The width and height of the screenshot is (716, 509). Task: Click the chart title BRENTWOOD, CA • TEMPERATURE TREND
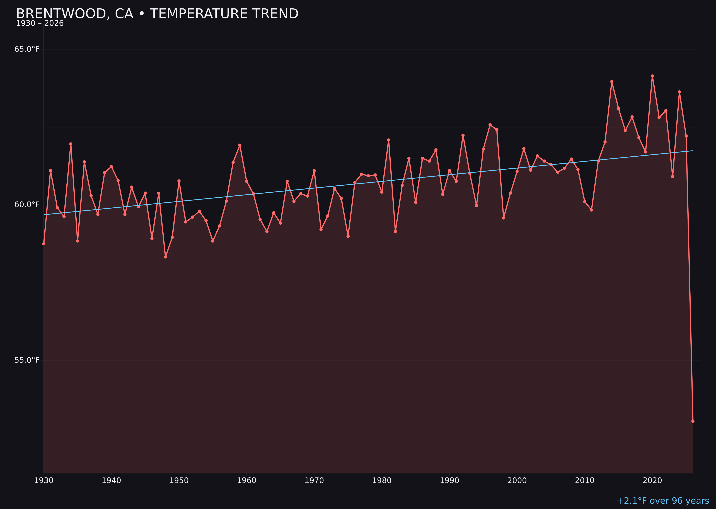pyautogui.click(x=157, y=14)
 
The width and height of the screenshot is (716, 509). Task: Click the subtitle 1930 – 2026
pyautogui.click(x=40, y=23)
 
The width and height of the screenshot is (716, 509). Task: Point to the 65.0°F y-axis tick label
pyautogui.click(x=27, y=49)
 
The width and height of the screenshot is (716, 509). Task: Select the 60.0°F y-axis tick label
pyautogui.click(x=27, y=205)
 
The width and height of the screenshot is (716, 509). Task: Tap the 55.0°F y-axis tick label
pyautogui.click(x=27, y=360)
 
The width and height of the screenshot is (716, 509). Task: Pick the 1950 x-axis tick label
pyautogui.click(x=179, y=481)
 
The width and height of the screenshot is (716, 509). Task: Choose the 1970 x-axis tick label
pyautogui.click(x=314, y=481)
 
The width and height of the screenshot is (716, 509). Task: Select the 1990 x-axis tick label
pyautogui.click(x=449, y=481)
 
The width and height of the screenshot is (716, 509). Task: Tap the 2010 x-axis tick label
pyautogui.click(x=585, y=481)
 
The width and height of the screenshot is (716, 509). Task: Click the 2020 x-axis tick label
pyautogui.click(x=652, y=481)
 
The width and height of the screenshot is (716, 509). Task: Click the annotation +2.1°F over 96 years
pyautogui.click(x=663, y=501)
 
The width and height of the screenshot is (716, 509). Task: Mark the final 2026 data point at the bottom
pyautogui.click(x=693, y=421)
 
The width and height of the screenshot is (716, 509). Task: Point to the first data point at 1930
pyautogui.click(x=43, y=244)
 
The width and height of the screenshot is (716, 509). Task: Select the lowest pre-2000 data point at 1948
pyautogui.click(x=166, y=257)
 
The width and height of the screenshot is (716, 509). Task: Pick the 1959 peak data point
pyautogui.click(x=240, y=145)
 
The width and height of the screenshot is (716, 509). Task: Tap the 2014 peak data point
pyautogui.click(x=612, y=81)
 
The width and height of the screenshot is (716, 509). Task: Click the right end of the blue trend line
pyautogui.click(x=693, y=151)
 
